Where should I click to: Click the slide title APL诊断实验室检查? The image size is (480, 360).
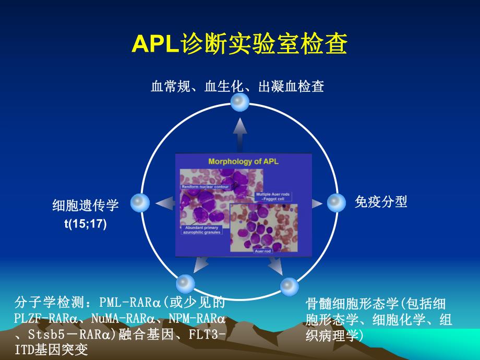(239, 45)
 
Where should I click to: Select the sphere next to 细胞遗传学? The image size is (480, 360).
(140, 202)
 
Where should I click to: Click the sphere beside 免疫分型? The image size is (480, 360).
(337, 202)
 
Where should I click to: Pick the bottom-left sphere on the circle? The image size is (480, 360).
(185, 284)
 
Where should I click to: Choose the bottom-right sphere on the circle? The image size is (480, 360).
(289, 286)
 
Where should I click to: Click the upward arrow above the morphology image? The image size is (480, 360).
(240, 134)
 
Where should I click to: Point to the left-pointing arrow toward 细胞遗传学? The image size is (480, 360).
(164, 203)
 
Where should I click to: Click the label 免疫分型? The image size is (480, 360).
(380, 201)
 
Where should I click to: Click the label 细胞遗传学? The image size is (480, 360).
(85, 205)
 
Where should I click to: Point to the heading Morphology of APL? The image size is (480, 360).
(243, 161)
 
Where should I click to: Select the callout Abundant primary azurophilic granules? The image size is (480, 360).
(201, 230)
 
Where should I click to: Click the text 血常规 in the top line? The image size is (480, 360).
(167, 86)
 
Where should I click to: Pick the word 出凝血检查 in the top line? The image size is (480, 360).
(291, 86)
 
